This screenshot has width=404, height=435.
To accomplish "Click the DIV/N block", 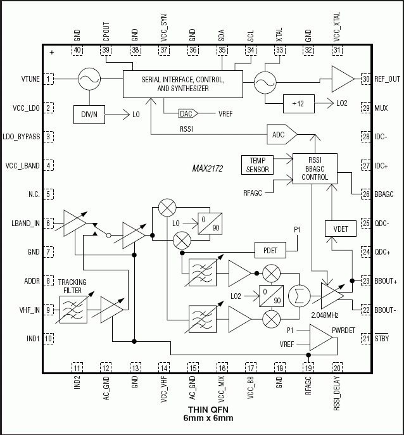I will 89,115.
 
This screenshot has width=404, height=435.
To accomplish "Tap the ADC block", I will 278,135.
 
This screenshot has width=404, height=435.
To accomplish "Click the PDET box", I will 270,250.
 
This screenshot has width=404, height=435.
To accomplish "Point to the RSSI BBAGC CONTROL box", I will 315,168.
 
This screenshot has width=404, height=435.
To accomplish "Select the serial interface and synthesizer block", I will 182,84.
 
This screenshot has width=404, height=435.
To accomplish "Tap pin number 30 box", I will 365,79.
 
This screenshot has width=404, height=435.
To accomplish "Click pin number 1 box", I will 49,79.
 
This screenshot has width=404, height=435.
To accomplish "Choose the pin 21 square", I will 365,339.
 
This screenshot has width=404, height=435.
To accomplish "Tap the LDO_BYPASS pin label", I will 23,137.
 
